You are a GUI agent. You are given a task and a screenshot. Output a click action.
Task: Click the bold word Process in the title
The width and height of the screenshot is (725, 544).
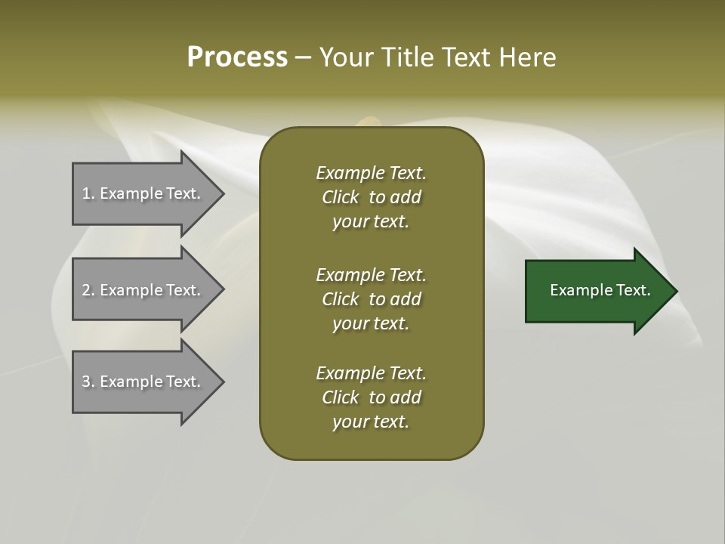tap(237, 57)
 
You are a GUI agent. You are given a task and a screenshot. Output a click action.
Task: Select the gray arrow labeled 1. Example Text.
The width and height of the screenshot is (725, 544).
tap(142, 193)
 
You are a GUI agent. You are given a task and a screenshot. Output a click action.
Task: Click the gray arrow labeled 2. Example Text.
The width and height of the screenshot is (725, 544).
tap(142, 290)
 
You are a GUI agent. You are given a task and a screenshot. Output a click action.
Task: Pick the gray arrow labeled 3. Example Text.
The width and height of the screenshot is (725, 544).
tap(142, 382)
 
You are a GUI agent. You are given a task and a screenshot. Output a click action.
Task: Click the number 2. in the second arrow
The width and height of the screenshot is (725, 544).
tap(88, 290)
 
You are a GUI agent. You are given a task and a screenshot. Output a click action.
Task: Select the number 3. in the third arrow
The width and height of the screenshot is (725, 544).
tap(88, 382)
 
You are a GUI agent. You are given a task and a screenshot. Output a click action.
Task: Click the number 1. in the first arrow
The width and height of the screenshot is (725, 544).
tap(88, 193)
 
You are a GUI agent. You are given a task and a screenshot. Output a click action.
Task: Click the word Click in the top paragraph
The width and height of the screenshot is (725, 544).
tap(341, 197)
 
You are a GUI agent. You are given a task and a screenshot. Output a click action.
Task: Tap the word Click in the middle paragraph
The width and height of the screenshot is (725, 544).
tap(341, 299)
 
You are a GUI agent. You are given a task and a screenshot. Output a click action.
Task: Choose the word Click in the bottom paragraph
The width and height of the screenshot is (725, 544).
tap(341, 397)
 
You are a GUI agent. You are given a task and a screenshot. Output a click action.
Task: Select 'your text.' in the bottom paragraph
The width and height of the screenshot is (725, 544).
tap(371, 422)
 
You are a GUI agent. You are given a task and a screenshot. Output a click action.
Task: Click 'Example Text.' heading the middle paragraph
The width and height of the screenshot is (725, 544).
tap(371, 275)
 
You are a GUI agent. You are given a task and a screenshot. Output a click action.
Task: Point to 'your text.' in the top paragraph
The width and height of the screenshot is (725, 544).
tap(371, 222)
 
